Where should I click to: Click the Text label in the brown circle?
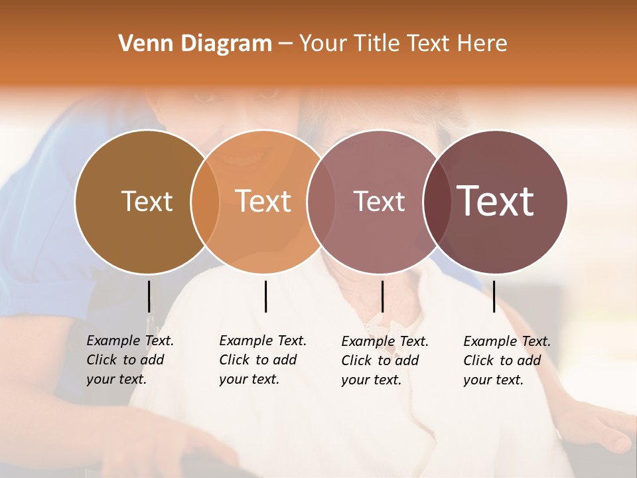[147, 201]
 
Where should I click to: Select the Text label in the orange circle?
[263, 201]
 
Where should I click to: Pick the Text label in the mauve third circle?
[379, 201]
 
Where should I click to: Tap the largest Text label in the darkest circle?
[496, 201]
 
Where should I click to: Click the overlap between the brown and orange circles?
[205, 202]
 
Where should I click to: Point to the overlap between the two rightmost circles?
[436, 202]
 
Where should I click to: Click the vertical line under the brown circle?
[149, 296]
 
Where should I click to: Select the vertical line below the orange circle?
[265, 296]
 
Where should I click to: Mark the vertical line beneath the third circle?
[382, 296]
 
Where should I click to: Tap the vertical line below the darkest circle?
[494, 296]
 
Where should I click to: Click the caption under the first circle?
[129, 360]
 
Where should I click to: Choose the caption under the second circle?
[262, 360]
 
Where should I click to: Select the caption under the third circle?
[384, 360]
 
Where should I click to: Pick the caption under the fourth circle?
[506, 360]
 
